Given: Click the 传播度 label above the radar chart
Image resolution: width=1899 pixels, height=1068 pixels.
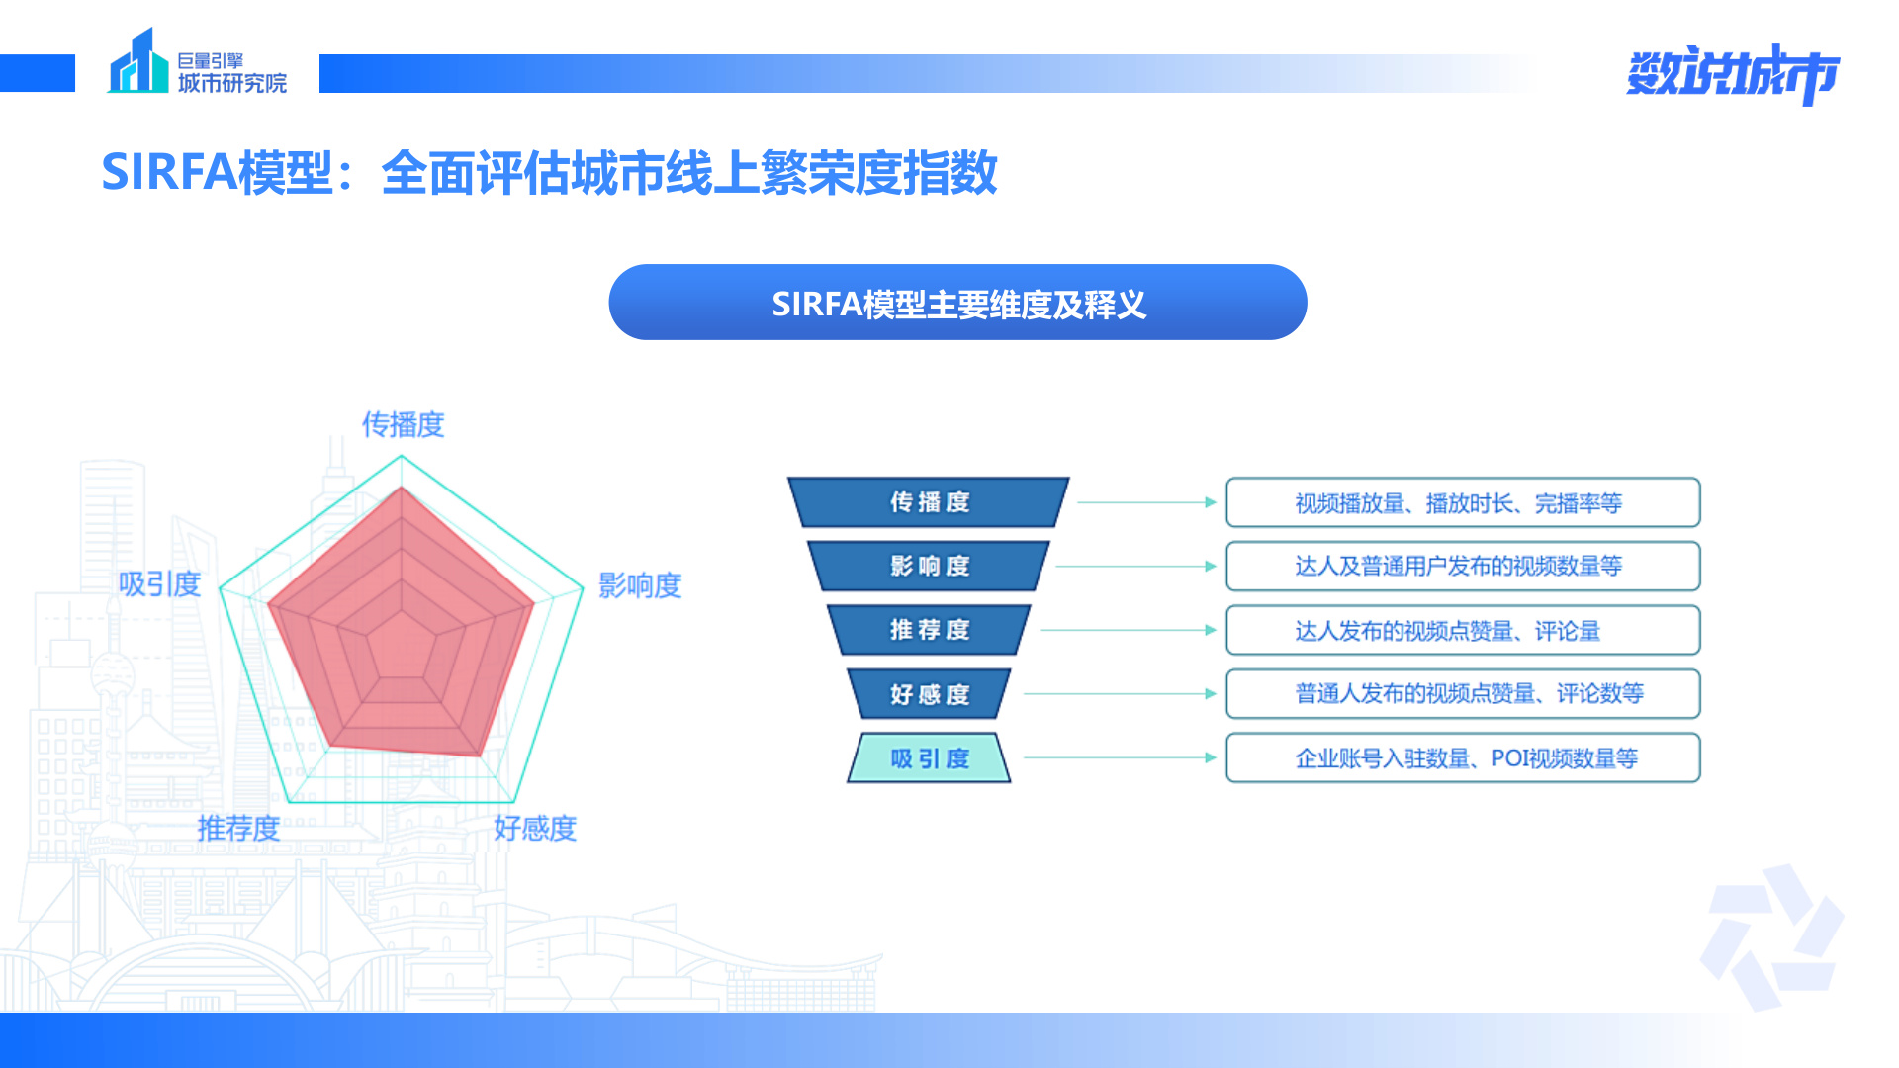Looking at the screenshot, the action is click(403, 424).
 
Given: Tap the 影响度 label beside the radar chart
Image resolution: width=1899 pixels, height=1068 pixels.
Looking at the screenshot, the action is click(640, 585).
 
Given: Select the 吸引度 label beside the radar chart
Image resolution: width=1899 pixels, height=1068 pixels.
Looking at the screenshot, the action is click(159, 584).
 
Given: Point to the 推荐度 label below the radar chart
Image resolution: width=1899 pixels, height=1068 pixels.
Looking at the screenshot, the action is click(238, 828).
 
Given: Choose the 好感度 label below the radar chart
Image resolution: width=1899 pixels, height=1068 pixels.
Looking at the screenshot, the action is click(535, 828).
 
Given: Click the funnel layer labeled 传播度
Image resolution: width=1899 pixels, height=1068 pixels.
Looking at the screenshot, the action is click(929, 502).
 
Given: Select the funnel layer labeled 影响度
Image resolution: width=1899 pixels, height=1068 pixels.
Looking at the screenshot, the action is click(929, 566).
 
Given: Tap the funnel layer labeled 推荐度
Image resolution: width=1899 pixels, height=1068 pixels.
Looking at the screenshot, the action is click(929, 630).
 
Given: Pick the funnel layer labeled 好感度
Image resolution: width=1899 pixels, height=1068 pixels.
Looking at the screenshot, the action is click(929, 694).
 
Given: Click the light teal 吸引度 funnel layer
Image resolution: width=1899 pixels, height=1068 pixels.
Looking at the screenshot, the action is click(929, 758).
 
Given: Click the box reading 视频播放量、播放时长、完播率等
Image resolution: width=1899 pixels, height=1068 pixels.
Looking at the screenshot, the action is click(1463, 502).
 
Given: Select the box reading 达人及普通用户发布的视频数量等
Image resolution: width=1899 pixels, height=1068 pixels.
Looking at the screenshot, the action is click(1463, 566).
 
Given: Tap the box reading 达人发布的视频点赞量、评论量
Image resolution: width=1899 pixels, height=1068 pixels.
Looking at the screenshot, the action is click(1463, 630).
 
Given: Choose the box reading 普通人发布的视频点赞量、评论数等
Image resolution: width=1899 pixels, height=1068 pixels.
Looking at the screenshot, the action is click(1463, 694).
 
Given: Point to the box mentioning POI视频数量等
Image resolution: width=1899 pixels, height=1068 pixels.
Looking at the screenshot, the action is click(1463, 758).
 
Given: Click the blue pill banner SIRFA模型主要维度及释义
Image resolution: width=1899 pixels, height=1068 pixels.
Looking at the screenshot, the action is click(957, 303).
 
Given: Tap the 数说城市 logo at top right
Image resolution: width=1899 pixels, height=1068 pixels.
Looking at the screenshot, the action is click(1733, 73).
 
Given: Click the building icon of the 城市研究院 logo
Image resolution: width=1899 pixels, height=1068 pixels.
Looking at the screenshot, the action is click(137, 61).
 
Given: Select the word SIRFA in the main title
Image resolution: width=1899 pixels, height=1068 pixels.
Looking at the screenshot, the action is click(169, 171).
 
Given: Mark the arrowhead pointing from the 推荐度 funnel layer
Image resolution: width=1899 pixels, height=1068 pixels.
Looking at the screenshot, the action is click(1211, 630).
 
